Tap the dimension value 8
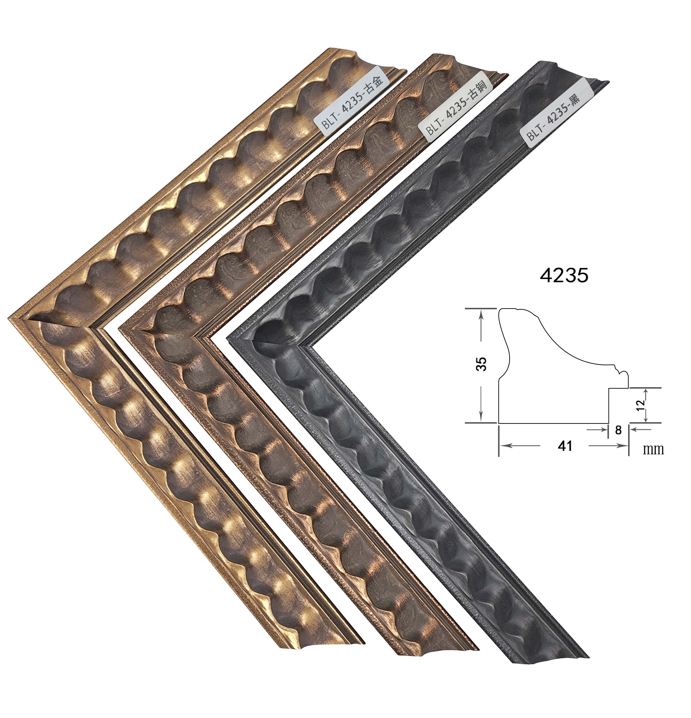point(618,430)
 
